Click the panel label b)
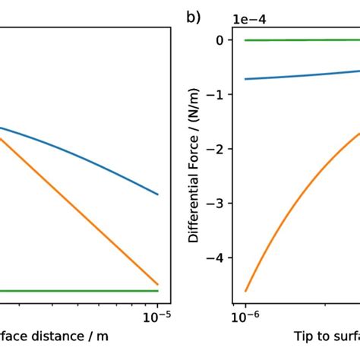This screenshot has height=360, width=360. point(193,16)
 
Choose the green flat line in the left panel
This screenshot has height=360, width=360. point(76,291)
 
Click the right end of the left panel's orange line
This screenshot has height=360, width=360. point(157,284)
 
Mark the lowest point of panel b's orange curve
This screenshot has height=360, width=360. point(245,291)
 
